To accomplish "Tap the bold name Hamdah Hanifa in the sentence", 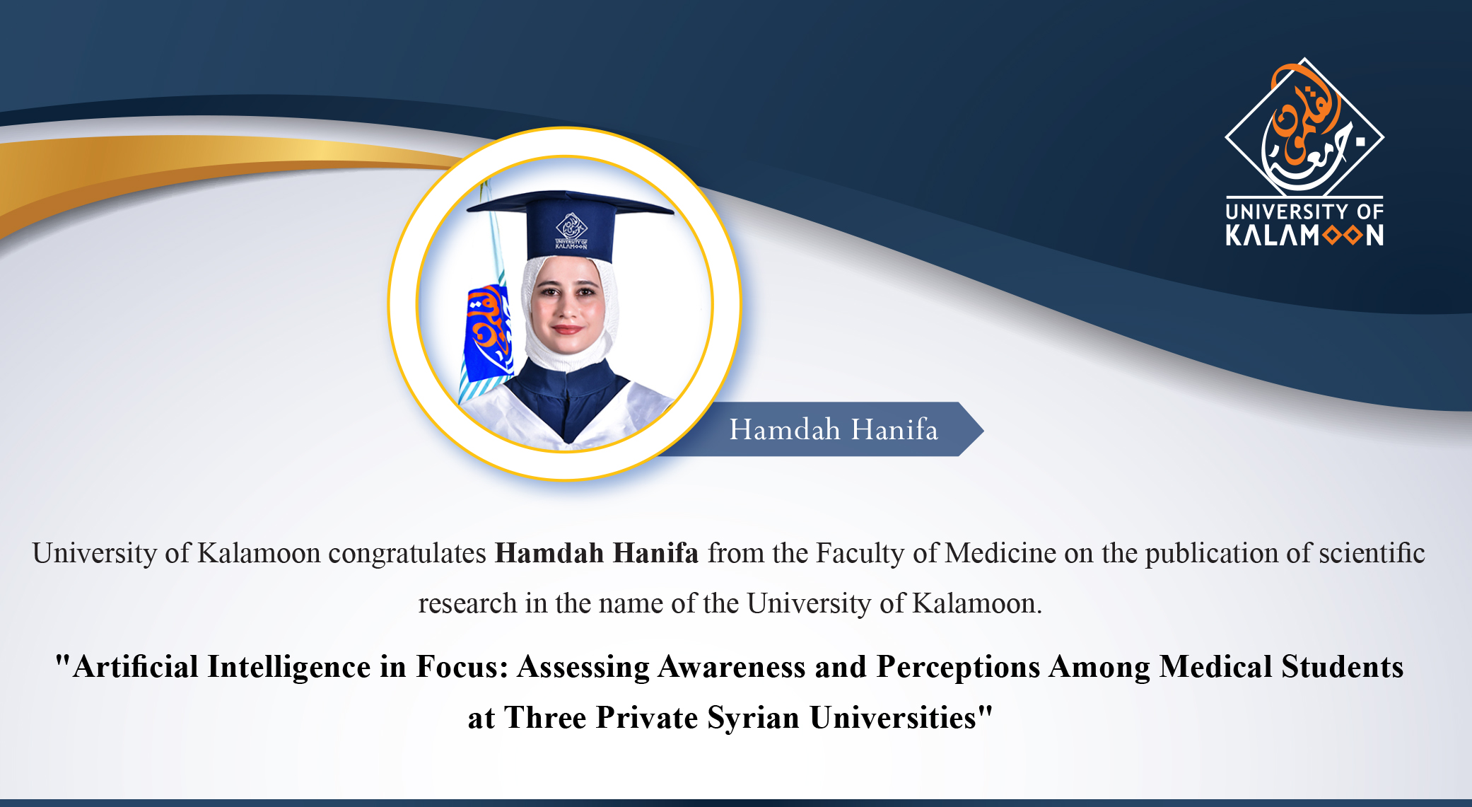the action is coord(597,553).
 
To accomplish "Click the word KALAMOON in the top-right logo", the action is coord(1304,235).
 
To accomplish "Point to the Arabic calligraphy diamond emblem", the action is coord(1304,127).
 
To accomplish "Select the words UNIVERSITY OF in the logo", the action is coord(1304,211).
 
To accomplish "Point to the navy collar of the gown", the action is coord(566,396).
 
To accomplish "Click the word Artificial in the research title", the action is coord(136,667).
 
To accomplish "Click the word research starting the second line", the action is coord(467,604).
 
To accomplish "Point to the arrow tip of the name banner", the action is coord(983,429).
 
